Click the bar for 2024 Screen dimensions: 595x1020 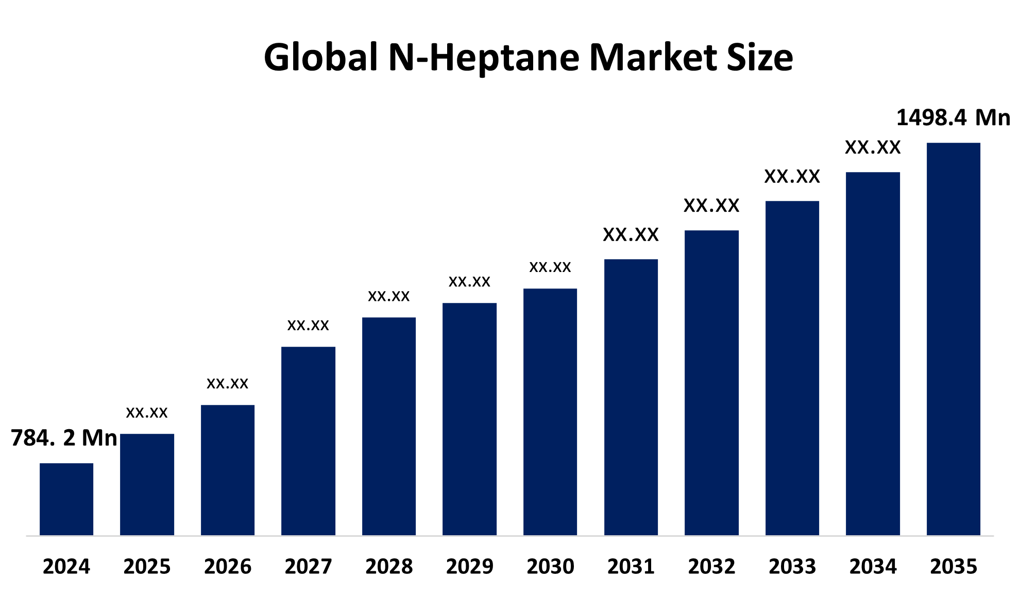click(x=66, y=499)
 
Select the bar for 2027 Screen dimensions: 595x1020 click(x=308, y=441)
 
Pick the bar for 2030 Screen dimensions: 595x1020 click(x=550, y=412)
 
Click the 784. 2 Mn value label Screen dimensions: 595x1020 click(x=64, y=438)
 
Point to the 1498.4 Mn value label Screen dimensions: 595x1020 click(x=953, y=117)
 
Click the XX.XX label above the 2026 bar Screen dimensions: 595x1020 click(x=227, y=383)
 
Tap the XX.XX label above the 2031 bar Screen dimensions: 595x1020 click(x=631, y=235)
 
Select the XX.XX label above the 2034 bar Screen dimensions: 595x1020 click(x=873, y=148)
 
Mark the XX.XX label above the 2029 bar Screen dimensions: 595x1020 click(x=469, y=281)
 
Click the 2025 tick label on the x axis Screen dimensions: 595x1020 click(x=147, y=567)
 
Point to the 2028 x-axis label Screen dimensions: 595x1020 click(x=389, y=567)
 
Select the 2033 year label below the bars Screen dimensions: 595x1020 click(x=792, y=567)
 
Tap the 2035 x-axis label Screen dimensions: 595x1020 click(x=954, y=567)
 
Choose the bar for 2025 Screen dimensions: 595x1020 click(x=147, y=485)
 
